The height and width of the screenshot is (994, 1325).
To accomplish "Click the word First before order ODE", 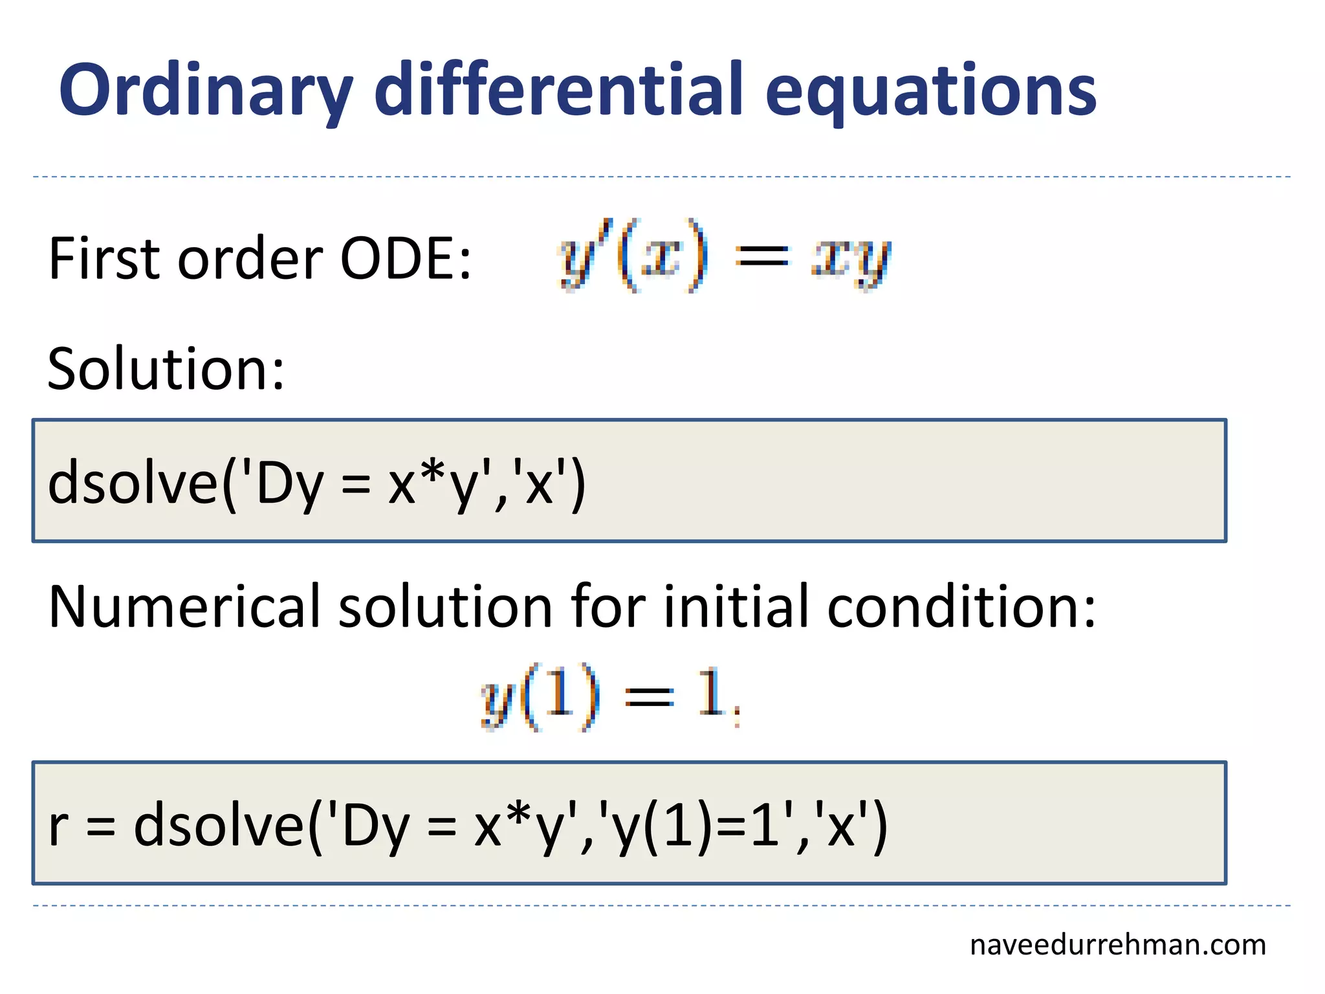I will (x=104, y=258).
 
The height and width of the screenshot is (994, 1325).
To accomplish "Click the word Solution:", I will (x=166, y=369).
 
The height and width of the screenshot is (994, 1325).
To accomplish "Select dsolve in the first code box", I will (x=133, y=482).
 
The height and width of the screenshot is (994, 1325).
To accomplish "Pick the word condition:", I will (x=961, y=606).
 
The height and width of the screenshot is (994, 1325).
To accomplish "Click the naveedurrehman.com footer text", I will (x=1117, y=945).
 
